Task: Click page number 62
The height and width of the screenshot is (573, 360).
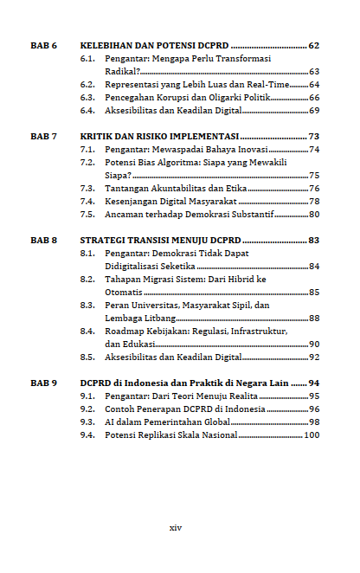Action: click(313, 45)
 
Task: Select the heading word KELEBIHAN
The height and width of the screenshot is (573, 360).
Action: click(111, 45)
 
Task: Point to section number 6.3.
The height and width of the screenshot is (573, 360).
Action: click(87, 98)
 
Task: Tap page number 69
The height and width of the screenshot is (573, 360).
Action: click(314, 111)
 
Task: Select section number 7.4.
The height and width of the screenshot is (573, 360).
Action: click(87, 201)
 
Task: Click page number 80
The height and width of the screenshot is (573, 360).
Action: click(314, 214)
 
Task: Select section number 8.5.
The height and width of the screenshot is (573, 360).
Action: click(87, 357)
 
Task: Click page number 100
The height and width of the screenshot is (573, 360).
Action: click(312, 435)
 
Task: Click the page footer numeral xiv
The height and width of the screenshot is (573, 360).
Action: click(176, 527)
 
